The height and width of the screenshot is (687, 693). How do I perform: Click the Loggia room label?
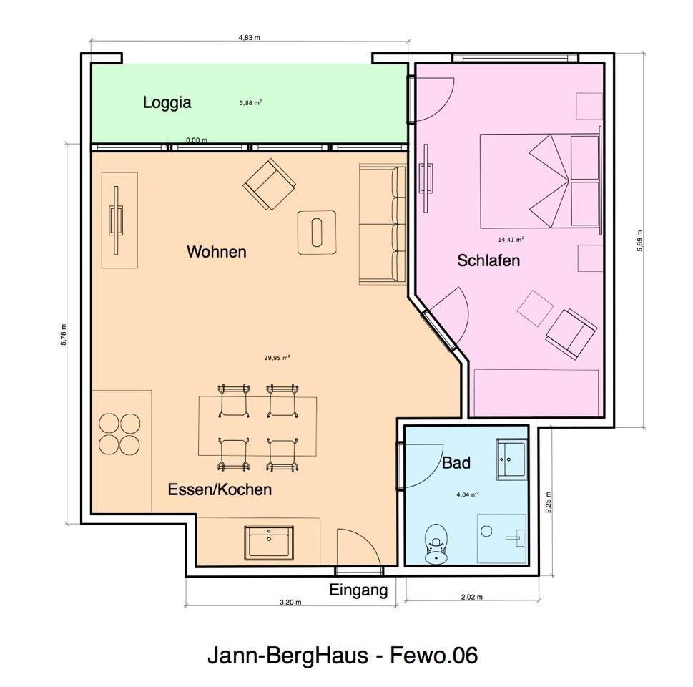[167, 102]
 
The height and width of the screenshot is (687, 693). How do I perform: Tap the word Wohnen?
[216, 252]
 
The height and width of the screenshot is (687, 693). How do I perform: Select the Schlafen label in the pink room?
[488, 260]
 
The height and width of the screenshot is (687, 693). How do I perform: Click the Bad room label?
[456, 463]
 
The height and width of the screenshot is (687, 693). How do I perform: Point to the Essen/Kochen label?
[220, 489]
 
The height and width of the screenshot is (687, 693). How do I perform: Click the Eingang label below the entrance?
[358, 590]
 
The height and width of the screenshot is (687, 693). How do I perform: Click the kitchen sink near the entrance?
[269, 542]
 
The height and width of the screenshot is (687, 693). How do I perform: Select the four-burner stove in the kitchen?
[119, 434]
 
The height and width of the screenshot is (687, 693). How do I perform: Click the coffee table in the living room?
[316, 233]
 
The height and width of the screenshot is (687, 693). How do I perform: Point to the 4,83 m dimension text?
[250, 38]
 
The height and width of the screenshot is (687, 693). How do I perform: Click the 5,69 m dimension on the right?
[639, 241]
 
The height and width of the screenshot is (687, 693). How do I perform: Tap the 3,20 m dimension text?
[290, 602]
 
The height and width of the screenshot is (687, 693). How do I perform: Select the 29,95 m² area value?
[277, 358]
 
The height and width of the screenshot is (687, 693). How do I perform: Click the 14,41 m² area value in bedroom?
[511, 239]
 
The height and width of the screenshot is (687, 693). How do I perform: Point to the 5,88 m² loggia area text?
[250, 103]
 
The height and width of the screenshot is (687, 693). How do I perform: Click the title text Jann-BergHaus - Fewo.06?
[343, 655]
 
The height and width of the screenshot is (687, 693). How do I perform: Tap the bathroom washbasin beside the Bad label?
[512, 459]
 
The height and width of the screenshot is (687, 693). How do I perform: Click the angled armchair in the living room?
[269, 184]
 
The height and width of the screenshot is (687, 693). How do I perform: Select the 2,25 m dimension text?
[548, 502]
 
